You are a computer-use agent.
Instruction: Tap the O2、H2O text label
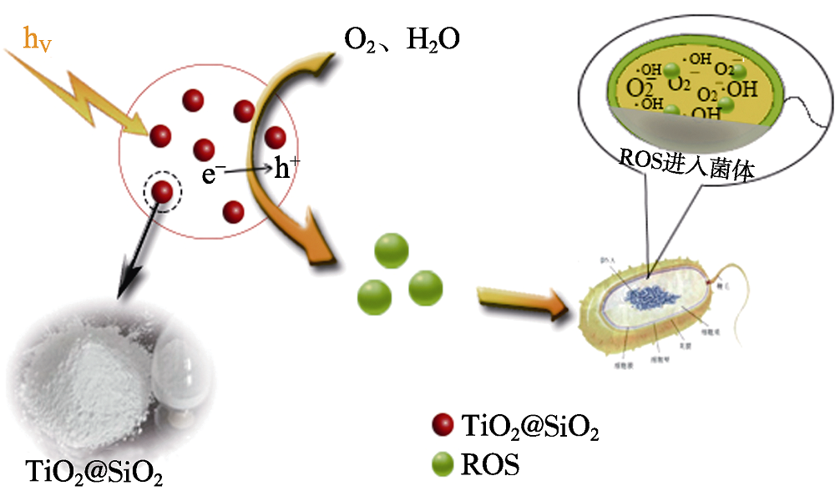401,39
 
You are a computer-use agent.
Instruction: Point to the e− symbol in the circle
212,174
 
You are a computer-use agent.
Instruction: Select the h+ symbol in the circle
287,170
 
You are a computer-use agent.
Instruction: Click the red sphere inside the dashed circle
163,192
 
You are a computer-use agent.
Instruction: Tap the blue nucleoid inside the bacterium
656,295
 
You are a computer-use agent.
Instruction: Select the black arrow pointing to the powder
138,251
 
